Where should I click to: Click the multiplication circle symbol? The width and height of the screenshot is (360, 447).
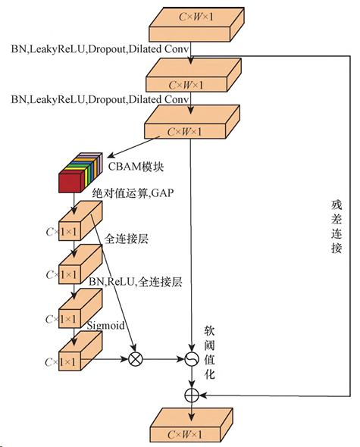[x=136, y=359]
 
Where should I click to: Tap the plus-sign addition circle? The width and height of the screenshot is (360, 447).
[x=192, y=395]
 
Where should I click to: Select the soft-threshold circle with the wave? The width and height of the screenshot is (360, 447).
[x=192, y=359]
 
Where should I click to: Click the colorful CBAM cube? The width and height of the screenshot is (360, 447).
[x=80, y=173]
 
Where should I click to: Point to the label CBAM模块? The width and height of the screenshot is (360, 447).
[x=136, y=166]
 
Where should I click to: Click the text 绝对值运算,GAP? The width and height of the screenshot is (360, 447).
[x=133, y=193]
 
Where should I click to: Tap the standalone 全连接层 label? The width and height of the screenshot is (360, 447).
[x=126, y=239]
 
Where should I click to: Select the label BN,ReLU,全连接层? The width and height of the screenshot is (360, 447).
[x=135, y=282]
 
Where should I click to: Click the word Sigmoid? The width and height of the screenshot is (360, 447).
[x=105, y=326]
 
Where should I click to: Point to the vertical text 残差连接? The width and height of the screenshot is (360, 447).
[x=337, y=227]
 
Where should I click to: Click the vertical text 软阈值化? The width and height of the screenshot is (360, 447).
[x=209, y=352]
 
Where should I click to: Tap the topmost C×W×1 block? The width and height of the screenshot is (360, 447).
[x=196, y=24]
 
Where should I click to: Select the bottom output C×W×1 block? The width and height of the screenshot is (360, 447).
[x=191, y=425]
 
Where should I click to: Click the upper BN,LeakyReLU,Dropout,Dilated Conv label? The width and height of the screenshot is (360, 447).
[x=100, y=49]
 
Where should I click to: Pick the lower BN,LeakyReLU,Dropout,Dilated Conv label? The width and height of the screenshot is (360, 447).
[x=100, y=99]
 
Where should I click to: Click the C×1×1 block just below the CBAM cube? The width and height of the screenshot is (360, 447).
[x=80, y=221]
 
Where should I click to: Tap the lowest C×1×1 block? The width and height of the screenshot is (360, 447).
[x=80, y=352]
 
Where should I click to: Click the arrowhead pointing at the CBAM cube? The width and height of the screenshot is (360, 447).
[x=111, y=155]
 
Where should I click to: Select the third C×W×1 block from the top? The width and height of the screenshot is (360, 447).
[x=192, y=122]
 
